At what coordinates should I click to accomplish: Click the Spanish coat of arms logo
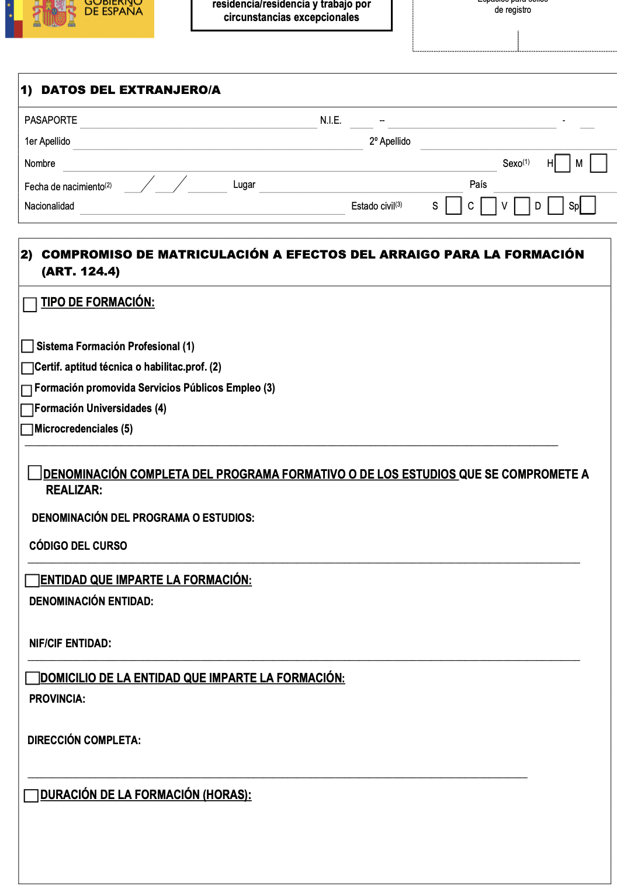[x=54, y=13]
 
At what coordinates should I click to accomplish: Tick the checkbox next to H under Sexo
[x=562, y=163]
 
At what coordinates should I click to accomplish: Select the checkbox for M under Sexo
[x=598, y=163]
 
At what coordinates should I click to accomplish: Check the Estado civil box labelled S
[x=453, y=205]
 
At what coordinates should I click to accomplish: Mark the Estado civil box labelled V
[x=522, y=206]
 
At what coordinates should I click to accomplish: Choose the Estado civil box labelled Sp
[x=588, y=205]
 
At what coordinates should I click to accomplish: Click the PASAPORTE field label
[x=51, y=120]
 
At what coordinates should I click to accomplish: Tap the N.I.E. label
[x=331, y=120]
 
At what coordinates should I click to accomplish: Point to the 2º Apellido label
[x=390, y=141]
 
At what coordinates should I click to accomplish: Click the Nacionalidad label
[x=49, y=206]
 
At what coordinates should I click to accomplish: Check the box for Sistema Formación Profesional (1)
[x=27, y=346]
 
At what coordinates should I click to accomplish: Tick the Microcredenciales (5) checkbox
[x=27, y=430]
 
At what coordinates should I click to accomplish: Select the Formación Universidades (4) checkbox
[x=27, y=410]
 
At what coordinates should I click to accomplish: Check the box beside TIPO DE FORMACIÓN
[x=30, y=305]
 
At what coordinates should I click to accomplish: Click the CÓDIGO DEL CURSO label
[x=78, y=546]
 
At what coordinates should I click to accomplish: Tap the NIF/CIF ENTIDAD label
[x=70, y=643]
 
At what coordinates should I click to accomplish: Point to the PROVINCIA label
[x=57, y=699]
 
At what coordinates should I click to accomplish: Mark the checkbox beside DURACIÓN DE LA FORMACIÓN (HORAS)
[x=31, y=796]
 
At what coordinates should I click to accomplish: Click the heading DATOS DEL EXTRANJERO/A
[x=131, y=90]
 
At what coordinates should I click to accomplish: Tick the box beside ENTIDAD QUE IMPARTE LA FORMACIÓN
[x=32, y=580]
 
